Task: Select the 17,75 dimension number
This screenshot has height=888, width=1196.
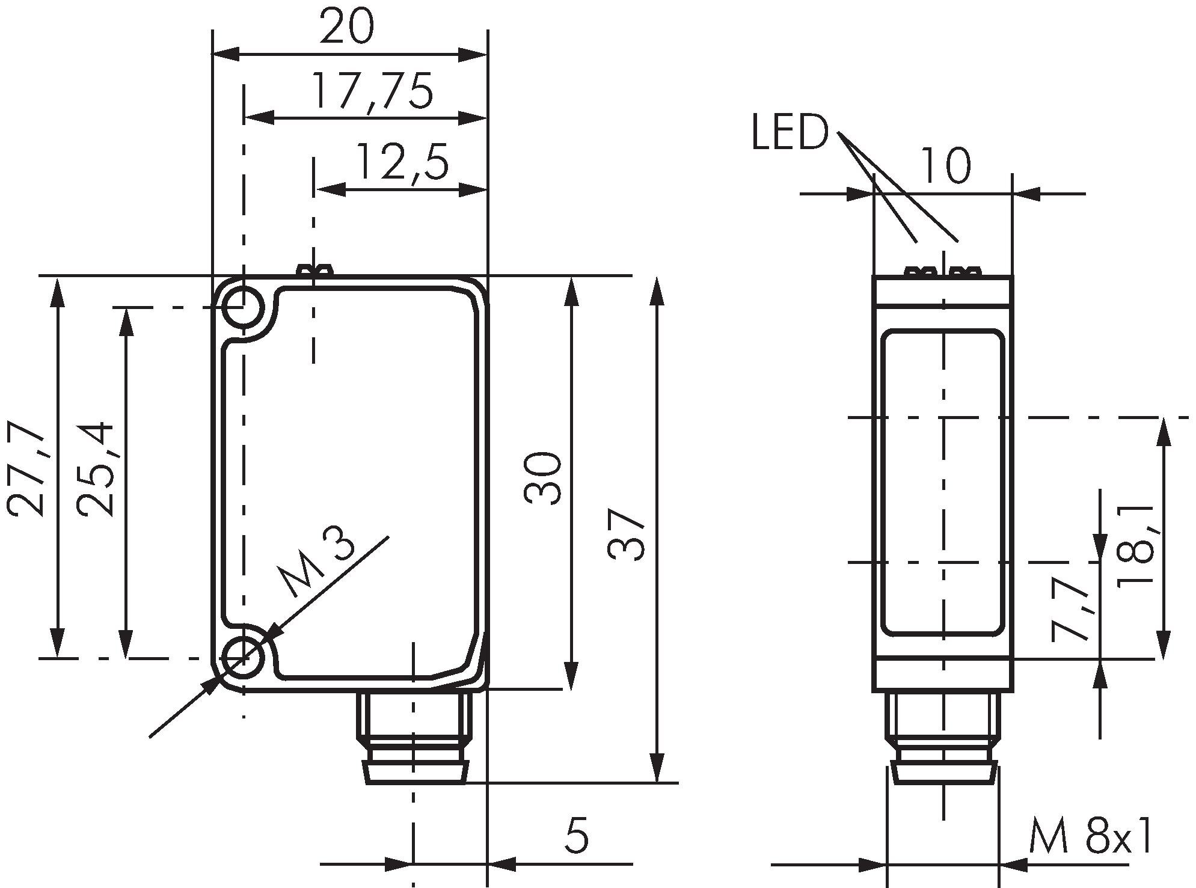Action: click(373, 92)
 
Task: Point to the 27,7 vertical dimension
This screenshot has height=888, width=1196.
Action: click(27, 468)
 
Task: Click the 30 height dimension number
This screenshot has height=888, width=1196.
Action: click(543, 477)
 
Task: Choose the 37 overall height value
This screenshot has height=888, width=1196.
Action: click(627, 534)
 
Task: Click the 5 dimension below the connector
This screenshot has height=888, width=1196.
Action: click(577, 835)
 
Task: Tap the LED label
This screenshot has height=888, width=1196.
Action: click(790, 133)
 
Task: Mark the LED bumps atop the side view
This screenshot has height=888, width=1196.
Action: click(943, 272)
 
